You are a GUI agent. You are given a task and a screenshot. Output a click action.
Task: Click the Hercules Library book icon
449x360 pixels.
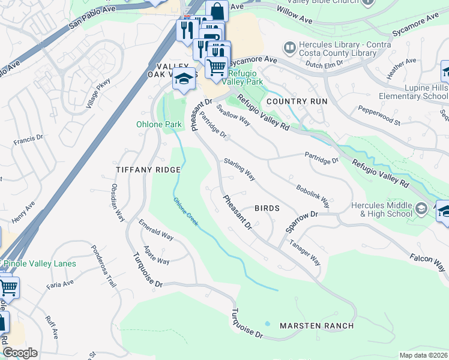[290, 47]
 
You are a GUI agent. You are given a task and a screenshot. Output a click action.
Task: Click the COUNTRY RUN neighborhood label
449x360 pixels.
[297, 101]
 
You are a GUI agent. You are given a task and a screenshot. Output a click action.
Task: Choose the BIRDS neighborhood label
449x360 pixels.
[267, 208]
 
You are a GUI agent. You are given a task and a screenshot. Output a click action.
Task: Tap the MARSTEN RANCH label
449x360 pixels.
[316, 326]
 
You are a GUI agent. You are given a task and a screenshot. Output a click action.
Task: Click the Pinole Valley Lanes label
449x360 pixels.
[40, 264]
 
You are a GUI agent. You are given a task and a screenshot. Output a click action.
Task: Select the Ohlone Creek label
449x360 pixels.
[185, 212]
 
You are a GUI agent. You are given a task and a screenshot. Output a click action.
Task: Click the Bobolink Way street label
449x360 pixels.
[312, 193]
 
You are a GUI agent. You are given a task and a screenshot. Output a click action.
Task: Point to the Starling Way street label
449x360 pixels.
[240, 170]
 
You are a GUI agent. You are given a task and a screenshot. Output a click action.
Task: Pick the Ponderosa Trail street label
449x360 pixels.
[103, 266]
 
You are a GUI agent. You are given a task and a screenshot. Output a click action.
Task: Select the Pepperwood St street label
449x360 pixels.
[379, 113]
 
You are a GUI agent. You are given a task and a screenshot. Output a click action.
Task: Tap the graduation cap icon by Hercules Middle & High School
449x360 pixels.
[421, 209]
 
